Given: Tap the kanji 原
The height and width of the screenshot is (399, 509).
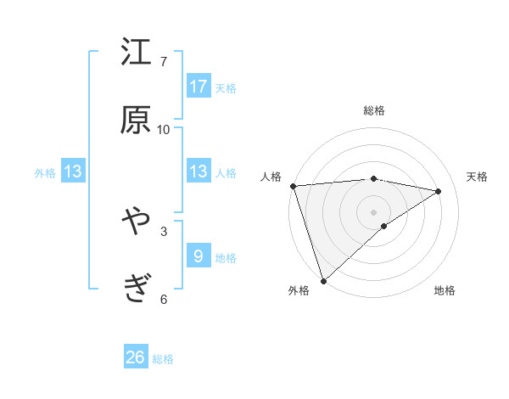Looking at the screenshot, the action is tap(136, 120).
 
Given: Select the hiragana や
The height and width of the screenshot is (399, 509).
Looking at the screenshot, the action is tap(136, 222).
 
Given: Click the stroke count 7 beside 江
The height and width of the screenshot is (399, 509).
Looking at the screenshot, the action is tap(164, 62).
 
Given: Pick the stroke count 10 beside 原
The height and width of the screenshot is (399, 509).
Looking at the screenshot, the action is tap(164, 129).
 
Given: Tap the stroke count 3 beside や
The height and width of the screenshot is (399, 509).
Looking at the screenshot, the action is tap(164, 231).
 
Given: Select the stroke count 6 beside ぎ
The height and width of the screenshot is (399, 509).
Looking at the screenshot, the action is tap(164, 299).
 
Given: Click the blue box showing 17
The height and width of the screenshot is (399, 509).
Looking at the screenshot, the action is tap(199, 87).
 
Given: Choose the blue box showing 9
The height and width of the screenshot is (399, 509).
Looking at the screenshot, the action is tap(199, 256).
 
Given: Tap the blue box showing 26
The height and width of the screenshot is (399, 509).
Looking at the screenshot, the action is tap(136, 357).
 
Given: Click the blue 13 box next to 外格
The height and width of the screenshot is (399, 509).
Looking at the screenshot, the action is tap(73, 171).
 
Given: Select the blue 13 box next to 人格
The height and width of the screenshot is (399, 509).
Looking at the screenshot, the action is tap(199, 171).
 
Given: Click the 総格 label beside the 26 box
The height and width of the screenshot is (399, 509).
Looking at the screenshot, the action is tap(163, 359).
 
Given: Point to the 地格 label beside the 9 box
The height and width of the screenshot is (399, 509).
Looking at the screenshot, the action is tap(226, 257).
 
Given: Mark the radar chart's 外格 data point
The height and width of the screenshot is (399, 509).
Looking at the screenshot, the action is tap(323, 280).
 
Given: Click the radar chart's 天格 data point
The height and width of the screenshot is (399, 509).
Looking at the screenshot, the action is tap(439, 191).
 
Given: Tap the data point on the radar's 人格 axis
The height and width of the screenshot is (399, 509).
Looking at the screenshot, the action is tap(293, 186).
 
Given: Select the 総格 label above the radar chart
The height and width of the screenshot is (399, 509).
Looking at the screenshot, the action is tap(374, 110).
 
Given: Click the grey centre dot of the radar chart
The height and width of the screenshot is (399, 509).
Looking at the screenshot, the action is tap(374, 211).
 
